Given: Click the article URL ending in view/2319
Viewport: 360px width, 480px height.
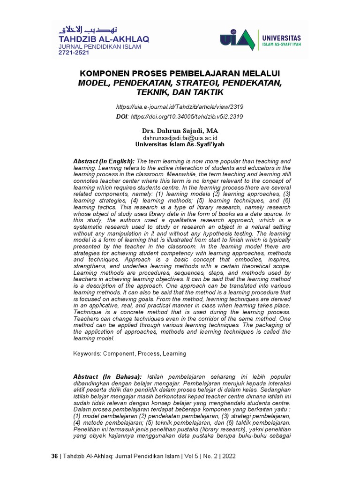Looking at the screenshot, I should pyautogui.click(x=180, y=107).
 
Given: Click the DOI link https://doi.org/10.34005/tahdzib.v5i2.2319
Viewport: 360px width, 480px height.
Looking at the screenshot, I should pyautogui.click(x=187, y=116).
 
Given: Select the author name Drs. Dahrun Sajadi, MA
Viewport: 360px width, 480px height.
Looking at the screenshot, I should pyautogui.click(x=180, y=130).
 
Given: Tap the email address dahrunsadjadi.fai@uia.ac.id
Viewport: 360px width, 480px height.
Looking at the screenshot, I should pyautogui.click(x=180, y=138).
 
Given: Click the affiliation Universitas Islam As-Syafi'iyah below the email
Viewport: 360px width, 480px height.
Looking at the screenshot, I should pyautogui.click(x=180, y=145).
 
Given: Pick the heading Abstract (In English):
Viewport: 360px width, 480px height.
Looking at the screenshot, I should pyautogui.click(x=104, y=161).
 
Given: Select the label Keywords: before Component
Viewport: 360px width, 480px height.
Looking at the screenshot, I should pyautogui.click(x=87, y=353).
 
